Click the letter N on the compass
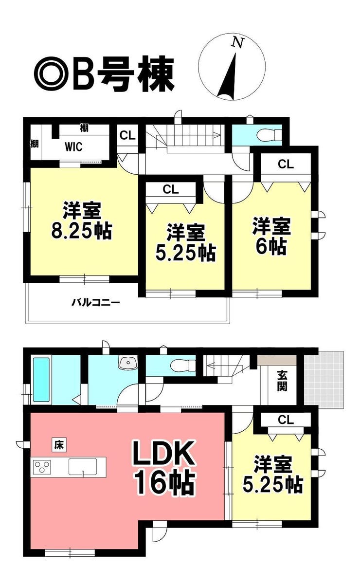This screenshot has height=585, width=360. coord(238,43)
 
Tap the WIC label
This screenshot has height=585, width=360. coord(73,147)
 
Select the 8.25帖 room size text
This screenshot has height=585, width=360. coord(82,231)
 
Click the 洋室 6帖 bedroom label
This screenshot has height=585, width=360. coord(271,236)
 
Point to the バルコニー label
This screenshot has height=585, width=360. coord(96,303)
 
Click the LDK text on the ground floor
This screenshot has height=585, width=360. coord(163,453)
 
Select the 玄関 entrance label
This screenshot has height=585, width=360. coord(282,385)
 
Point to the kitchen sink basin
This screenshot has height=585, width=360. coord(83,467)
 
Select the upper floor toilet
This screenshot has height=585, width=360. coord(269,135)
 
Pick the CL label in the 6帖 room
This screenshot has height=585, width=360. coord(286,165)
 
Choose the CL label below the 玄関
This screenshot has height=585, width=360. coord(286,420)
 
